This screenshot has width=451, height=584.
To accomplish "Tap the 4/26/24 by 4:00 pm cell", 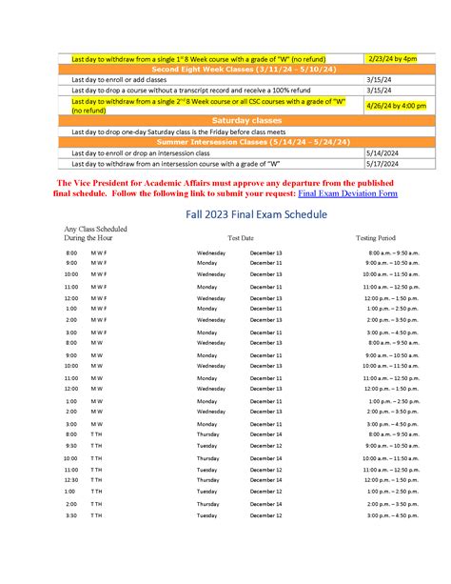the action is coord(396,106).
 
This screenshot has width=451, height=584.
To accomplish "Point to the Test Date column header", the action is coord(241,236).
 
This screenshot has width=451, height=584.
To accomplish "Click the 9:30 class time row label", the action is coord(71,445).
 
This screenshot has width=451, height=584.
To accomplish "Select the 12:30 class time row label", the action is coord(71,480).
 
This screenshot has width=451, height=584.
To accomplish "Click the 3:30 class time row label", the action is coord(71,515).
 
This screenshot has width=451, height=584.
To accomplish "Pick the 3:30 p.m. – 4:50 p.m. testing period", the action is coord(393,515).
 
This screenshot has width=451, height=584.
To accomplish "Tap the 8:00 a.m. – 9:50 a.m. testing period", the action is coord(393,252).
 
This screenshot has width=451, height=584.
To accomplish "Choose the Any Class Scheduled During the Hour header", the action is coord(95,232).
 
